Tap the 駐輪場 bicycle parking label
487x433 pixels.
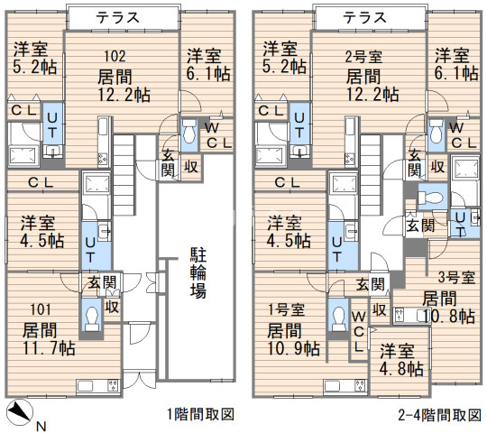coord(198,272)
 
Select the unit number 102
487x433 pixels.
coord(115,56)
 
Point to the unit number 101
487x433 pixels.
coord(41,309)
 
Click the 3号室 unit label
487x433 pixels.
coord(456,277)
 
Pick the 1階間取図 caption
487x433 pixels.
coord(200,414)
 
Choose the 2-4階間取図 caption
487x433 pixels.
coord(439,415)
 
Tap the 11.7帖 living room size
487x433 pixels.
coord(49,348)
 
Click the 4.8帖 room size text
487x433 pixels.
coord(401,369)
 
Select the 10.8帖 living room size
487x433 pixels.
coord(448,316)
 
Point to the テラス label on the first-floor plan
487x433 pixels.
coord(117,17)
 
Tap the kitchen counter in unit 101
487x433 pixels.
coord(97,386)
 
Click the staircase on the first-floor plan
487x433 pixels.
coord(124,175)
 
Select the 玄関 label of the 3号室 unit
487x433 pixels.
coord(420,226)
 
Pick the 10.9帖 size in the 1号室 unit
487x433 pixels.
coord(294,348)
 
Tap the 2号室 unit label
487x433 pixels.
coord(363,57)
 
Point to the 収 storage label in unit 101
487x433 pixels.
coord(111,307)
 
